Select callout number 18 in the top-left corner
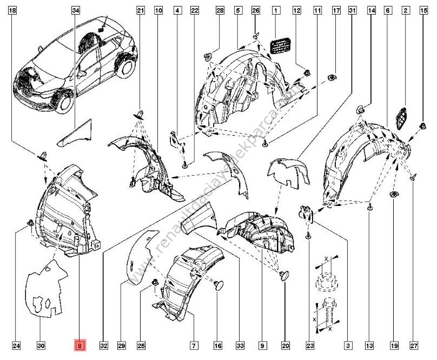coord(14,10)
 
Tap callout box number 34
coord(76,10)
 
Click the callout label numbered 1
coord(276,10)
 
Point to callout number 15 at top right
coord(422,10)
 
